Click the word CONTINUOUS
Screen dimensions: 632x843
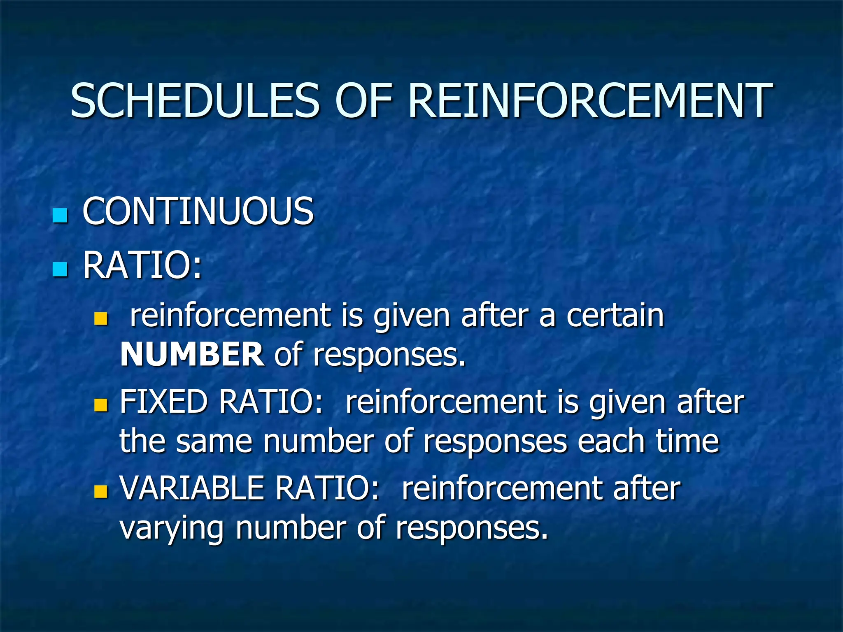198,211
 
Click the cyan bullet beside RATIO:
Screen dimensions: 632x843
60,270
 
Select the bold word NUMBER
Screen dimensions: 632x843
192,354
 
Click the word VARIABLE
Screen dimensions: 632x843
192,488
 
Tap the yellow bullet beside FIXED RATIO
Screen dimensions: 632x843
100,405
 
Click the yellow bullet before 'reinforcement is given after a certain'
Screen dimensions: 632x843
100,318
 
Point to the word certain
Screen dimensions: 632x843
615,315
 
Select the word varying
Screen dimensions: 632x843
172,529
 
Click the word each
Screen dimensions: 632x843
611,441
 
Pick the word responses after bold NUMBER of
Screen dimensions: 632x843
389,355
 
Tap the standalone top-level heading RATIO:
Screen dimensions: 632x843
142,265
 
